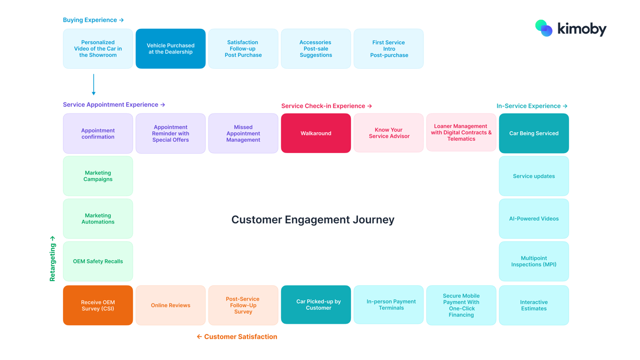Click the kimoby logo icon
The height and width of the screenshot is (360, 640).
pos(544,28)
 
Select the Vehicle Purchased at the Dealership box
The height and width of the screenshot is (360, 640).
pos(171,49)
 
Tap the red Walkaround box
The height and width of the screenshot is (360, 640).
pos(316,133)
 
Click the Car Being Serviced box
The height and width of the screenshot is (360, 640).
pos(534,133)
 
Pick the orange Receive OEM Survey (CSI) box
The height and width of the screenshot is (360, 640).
pos(98,305)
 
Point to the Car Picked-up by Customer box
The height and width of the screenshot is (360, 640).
pos(316,305)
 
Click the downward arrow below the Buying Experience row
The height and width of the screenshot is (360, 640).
pos(94,85)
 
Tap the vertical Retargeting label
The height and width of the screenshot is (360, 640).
pos(52,259)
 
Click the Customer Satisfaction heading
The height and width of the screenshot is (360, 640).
pos(237,337)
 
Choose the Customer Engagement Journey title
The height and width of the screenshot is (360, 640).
pos(313,220)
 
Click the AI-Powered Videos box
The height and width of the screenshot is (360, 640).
pos(534,219)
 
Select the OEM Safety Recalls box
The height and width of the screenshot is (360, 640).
pos(98,261)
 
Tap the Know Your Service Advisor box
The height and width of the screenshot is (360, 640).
pos(389,133)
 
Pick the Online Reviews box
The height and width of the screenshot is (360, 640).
pos(171,305)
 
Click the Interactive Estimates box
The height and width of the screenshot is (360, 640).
pos(534,305)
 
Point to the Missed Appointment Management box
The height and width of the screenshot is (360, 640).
pos(243,133)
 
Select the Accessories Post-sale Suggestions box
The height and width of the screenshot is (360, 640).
pos(316,49)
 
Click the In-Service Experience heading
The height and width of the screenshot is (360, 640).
pos(532,106)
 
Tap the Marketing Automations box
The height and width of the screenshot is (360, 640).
pos(98,219)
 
